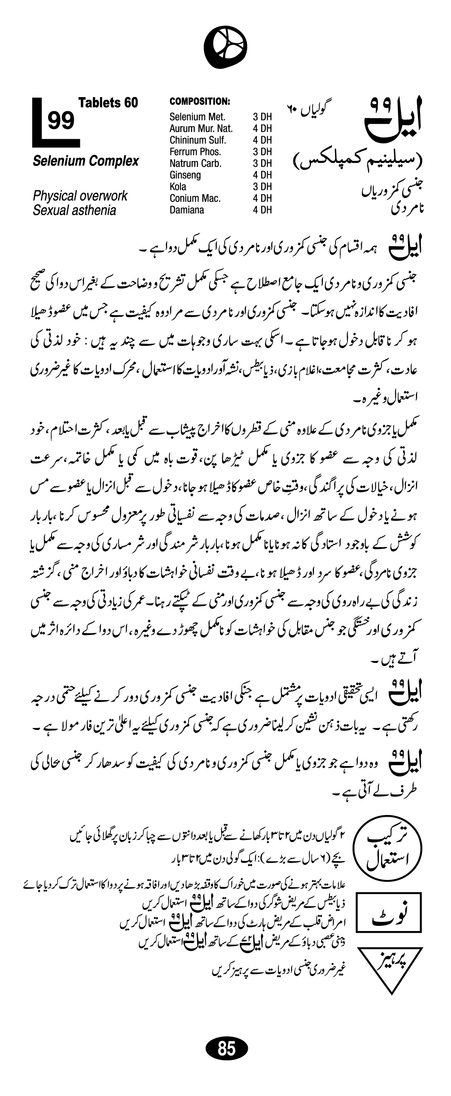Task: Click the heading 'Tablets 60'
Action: (108, 102)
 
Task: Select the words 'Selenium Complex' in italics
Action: (86, 161)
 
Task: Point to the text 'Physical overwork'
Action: (80, 196)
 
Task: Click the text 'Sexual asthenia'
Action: (74, 210)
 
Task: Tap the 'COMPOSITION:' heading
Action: (200, 101)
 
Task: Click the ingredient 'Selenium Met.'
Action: (197, 116)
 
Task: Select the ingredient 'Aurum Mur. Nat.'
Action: (201, 128)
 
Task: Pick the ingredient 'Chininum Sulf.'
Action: (198, 140)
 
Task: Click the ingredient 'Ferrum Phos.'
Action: (195, 151)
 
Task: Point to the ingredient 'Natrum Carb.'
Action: (195, 163)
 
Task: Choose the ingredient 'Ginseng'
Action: (185, 175)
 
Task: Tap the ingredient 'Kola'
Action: (178, 186)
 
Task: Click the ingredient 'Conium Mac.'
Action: (195, 198)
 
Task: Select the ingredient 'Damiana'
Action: (187, 210)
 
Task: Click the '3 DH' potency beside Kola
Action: (262, 186)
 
